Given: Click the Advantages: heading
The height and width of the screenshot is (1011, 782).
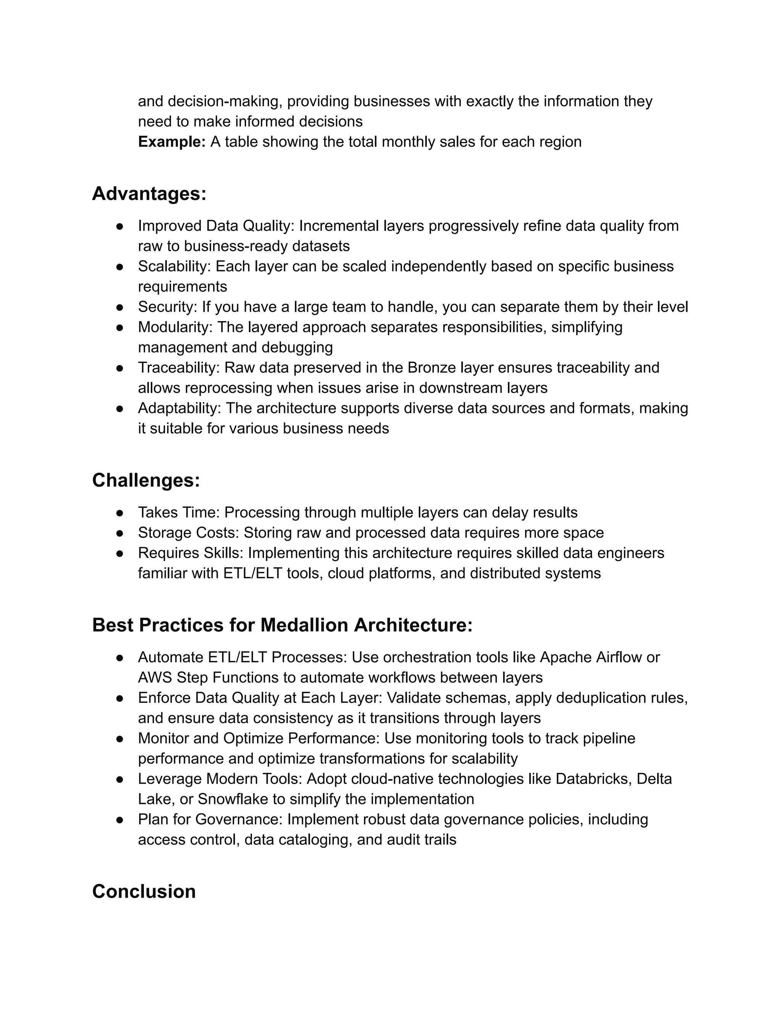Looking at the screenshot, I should coord(149,193).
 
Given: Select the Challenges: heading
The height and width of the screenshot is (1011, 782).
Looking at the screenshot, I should coord(146,480).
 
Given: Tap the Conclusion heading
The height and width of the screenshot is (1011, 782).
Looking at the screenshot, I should coord(144,892).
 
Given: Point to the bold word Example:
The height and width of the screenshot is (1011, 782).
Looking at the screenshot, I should coord(171,142).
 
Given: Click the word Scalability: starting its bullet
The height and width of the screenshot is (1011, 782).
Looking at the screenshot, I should coord(174,267).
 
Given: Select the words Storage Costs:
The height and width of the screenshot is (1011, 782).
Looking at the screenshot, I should coord(189,533).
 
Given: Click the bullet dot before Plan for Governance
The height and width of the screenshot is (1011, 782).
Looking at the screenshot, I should coord(120,820).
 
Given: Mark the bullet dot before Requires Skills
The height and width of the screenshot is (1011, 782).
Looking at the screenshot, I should coord(120,553).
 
